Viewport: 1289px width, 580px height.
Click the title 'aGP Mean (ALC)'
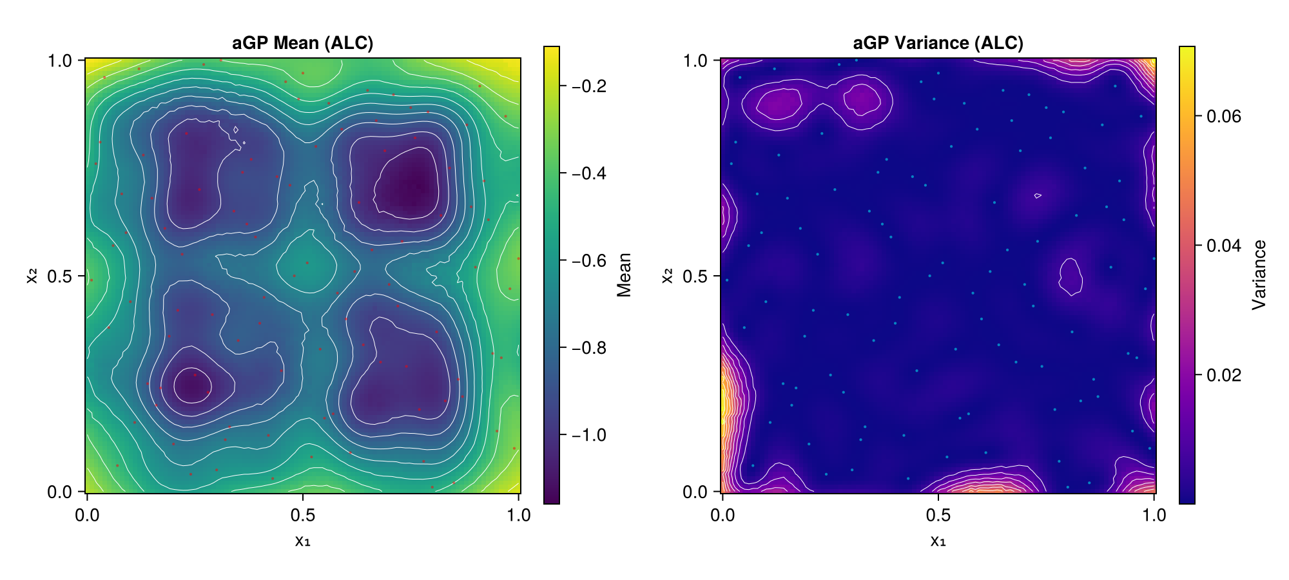coord(302,43)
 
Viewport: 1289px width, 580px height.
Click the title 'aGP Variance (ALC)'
coord(938,43)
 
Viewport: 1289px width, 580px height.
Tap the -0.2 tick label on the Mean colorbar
coord(585,86)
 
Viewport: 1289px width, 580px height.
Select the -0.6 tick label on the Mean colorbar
coord(585,261)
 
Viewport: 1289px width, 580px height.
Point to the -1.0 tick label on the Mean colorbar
coord(585,435)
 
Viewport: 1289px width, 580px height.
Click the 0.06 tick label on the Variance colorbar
coord(1219,116)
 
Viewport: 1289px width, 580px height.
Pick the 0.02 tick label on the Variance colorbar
coord(1219,375)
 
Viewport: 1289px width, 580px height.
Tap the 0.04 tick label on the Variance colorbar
coord(1219,246)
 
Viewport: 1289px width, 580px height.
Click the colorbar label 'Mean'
coord(624,275)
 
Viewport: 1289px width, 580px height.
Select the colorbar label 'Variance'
coord(1259,275)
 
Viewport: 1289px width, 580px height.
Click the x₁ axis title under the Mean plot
coord(302,540)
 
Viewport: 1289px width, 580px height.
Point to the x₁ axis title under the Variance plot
coord(938,540)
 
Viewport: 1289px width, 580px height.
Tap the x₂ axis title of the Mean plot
coord(32,276)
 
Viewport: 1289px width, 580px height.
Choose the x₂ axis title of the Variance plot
coord(667,276)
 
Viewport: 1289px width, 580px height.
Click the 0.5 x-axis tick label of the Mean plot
coord(302,516)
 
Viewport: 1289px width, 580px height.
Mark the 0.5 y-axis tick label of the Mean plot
coord(63,276)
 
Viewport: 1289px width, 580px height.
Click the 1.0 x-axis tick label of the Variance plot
coord(1154,516)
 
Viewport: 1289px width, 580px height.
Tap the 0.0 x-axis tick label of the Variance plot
coord(722,516)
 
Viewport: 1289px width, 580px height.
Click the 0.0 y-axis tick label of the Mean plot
coord(63,492)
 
